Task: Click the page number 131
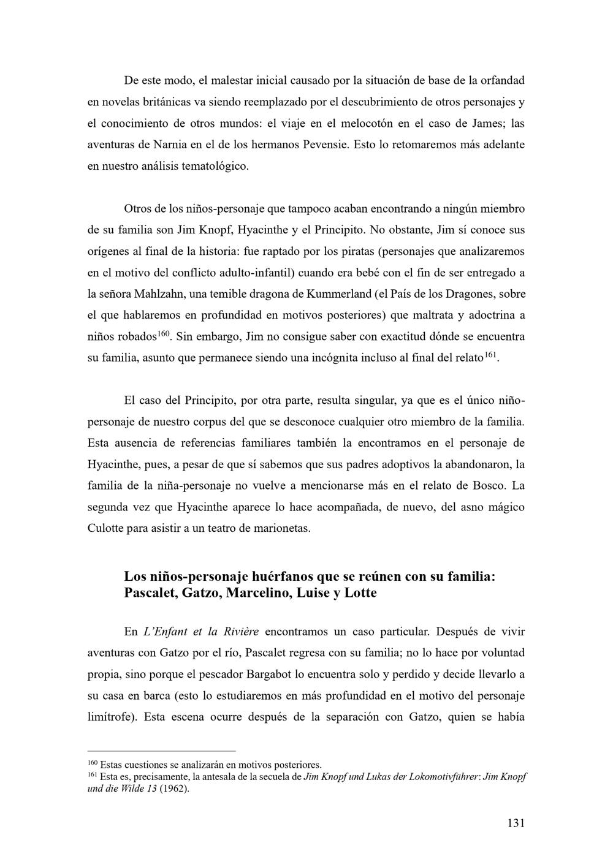tap(516, 823)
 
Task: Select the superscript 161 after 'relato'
tap(490, 355)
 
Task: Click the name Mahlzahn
tap(161, 293)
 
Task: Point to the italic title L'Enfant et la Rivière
tap(200, 631)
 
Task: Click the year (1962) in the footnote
tap(175, 789)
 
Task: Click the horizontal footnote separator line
tap(162, 751)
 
